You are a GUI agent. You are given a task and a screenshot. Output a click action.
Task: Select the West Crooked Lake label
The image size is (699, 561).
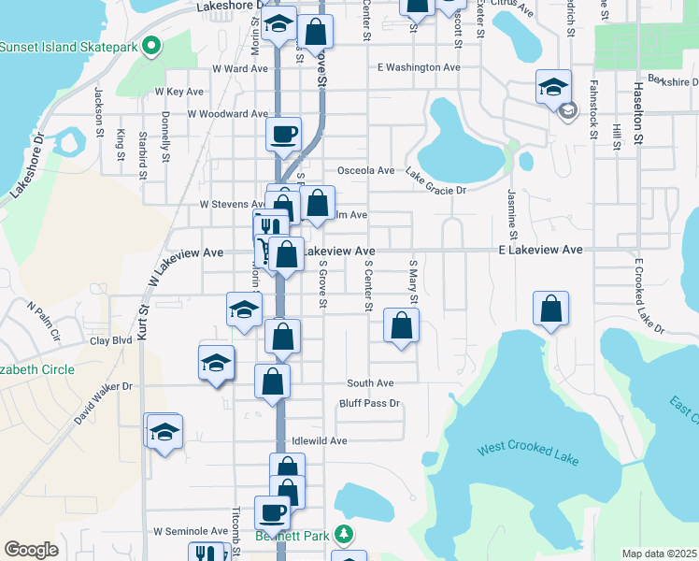click(528, 454)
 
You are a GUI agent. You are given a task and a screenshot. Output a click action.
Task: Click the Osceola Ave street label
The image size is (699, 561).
click(365, 170)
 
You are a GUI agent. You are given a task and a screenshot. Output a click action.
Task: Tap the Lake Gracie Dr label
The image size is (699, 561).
click(435, 175)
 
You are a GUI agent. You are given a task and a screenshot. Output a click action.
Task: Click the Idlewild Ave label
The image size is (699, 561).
click(319, 440)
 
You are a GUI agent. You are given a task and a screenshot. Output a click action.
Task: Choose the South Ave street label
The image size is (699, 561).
click(370, 383)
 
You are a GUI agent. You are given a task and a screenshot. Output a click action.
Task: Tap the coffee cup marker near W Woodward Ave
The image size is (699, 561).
click(283, 133)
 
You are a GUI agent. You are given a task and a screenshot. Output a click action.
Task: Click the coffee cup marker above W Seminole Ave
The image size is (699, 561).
click(273, 511)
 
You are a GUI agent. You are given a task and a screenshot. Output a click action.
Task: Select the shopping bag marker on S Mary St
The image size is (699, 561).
click(401, 326)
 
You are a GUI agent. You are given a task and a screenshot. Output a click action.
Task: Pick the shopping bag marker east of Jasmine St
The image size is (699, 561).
click(551, 308)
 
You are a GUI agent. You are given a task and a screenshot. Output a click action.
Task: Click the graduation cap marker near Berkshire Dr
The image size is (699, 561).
click(553, 87)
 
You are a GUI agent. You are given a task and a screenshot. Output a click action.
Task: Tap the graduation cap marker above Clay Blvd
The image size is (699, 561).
click(244, 309)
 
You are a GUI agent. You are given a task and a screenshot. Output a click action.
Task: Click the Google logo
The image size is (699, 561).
click(31, 550)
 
